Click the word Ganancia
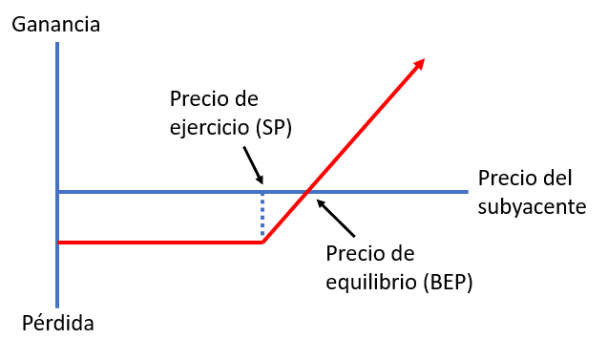pyautogui.click(x=56, y=25)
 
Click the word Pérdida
pyautogui.click(x=58, y=323)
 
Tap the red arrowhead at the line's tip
pyautogui.click(x=420, y=64)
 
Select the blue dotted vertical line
pyautogui.click(x=262, y=214)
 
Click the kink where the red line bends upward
pyautogui.click(x=262, y=243)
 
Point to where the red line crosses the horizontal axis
pyautogui.click(x=307, y=192)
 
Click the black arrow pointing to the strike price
pyautogui.click(x=253, y=165)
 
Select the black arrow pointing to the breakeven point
pyautogui.click(x=336, y=218)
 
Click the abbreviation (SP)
pyautogui.click(x=274, y=127)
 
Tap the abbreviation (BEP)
pyautogui.click(x=448, y=282)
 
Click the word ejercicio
pyautogui.click(x=210, y=127)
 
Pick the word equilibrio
pyautogui.click(x=371, y=282)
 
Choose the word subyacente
pyautogui.click(x=532, y=206)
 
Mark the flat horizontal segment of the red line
pyautogui.click(x=160, y=243)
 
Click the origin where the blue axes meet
pyautogui.click(x=57, y=192)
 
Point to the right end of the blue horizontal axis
pyautogui.click(x=468, y=192)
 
